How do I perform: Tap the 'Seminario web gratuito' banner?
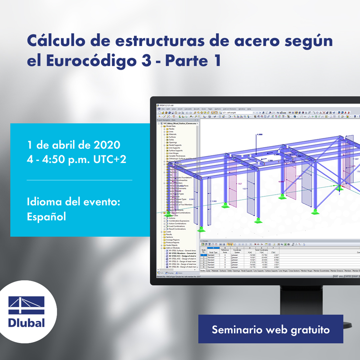pos(270,329)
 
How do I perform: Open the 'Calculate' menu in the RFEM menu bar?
pos(188,109)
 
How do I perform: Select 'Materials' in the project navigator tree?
pos(173,134)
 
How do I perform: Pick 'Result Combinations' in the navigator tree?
pos(178,229)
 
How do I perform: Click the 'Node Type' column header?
pos(213,252)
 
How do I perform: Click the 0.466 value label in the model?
pos(215,201)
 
